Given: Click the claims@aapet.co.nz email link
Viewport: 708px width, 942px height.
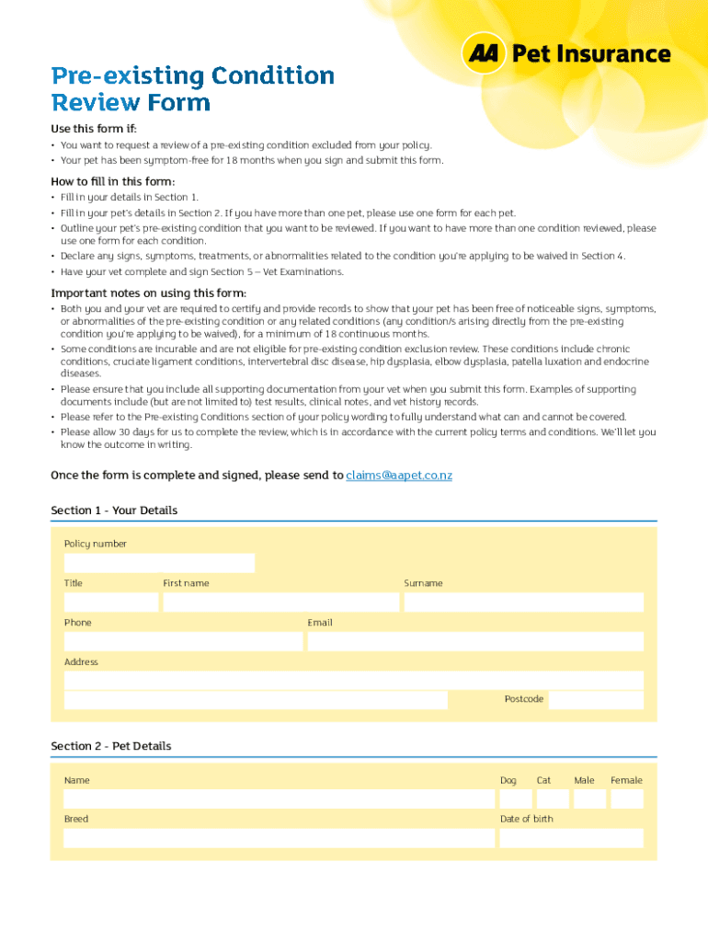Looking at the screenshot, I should click(399, 476).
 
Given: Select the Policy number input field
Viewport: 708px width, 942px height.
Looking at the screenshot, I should click(159, 563).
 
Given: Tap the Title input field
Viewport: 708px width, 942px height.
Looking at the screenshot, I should click(110, 603).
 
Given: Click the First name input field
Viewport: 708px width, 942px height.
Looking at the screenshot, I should click(280, 603).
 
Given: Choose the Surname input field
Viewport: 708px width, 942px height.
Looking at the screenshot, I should click(523, 603).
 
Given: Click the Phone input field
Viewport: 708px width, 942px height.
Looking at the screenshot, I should click(183, 641).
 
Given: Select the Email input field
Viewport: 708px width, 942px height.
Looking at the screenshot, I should click(475, 641).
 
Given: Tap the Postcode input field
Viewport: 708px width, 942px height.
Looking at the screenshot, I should click(596, 700).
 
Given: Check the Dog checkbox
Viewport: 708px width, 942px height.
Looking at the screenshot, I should click(516, 798).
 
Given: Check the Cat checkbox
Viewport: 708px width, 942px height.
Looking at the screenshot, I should click(552, 798).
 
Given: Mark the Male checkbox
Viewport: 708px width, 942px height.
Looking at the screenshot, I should click(589, 798).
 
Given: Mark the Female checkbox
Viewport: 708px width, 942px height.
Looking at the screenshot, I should click(627, 798).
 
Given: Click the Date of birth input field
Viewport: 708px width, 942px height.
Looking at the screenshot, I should click(571, 838).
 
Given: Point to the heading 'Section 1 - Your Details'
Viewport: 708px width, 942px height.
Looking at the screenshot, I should click(114, 511).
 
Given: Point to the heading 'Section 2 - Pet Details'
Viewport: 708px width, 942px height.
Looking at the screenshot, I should click(111, 746).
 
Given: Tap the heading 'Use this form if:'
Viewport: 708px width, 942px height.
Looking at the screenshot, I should click(93, 129).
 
